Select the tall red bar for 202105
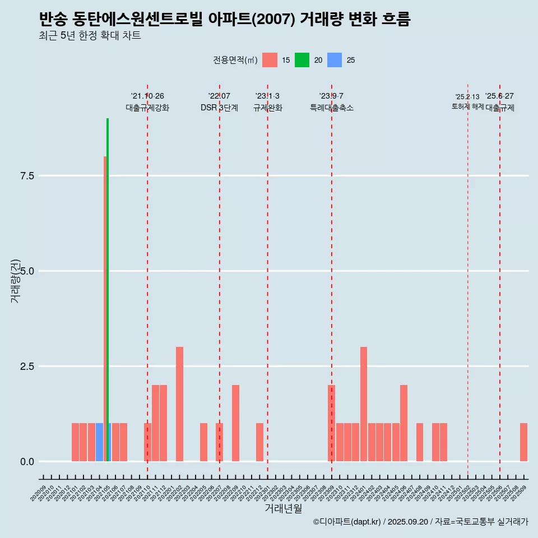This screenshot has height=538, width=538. click(x=105, y=308)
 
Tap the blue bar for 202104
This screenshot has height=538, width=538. click(x=99, y=442)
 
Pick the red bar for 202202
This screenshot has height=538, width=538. click(x=179, y=404)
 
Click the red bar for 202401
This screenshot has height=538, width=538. click(x=364, y=404)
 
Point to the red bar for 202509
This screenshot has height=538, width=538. click(x=523, y=442)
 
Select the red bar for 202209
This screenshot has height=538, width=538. click(x=235, y=423)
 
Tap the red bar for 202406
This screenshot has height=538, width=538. click(x=403, y=423)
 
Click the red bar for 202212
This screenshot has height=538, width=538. click(x=259, y=442)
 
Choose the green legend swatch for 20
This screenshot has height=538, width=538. click(x=302, y=60)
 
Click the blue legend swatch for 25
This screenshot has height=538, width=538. click(x=335, y=60)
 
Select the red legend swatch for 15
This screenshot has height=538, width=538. click(x=270, y=60)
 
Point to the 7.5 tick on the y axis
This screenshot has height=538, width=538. click(x=27, y=176)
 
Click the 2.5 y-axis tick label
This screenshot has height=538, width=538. click(x=27, y=367)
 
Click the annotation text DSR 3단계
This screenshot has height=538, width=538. click(x=219, y=108)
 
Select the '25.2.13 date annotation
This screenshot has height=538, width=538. click(x=467, y=97)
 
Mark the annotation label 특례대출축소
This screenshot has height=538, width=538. click(x=332, y=108)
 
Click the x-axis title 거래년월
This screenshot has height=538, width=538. click(x=283, y=509)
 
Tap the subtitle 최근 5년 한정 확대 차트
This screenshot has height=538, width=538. click(x=90, y=36)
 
